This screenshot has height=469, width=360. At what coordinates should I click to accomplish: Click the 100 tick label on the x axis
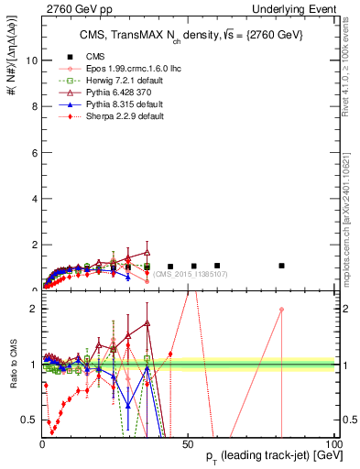(328, 444)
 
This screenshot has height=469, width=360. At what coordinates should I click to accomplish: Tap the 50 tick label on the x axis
(185, 444)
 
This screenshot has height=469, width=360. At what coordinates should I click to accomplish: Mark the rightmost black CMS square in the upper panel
(281, 266)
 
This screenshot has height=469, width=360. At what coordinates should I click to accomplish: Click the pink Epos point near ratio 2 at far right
(281, 310)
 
